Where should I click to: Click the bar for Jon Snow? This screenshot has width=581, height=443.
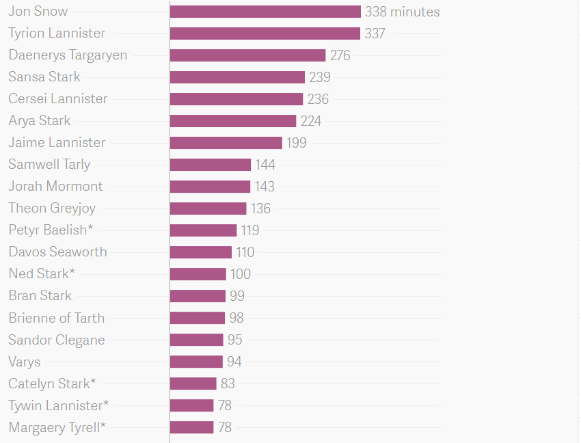(265, 12)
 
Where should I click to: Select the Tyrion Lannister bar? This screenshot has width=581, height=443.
(265, 33)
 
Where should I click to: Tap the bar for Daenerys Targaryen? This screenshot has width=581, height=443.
(247, 55)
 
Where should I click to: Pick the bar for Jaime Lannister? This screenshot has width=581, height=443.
(226, 143)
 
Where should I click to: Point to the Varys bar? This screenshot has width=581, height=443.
(196, 362)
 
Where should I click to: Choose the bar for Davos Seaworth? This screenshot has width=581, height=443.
(201, 252)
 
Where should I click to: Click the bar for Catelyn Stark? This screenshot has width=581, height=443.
(193, 384)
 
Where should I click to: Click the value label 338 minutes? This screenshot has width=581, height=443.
(402, 12)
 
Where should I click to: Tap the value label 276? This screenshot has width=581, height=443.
(340, 55)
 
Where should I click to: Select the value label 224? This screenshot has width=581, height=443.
(310, 121)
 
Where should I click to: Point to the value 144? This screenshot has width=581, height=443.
(265, 165)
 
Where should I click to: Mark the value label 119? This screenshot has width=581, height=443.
(250, 230)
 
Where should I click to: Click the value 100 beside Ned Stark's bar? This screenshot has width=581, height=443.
(241, 274)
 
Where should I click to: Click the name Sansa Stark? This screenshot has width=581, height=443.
(44, 77)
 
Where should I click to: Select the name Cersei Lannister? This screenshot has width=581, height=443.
(58, 98)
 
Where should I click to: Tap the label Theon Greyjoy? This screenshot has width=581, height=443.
(52, 208)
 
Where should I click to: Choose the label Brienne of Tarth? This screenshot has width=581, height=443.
(57, 318)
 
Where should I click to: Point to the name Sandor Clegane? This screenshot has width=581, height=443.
(57, 340)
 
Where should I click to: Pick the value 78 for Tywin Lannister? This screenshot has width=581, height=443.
(225, 405)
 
